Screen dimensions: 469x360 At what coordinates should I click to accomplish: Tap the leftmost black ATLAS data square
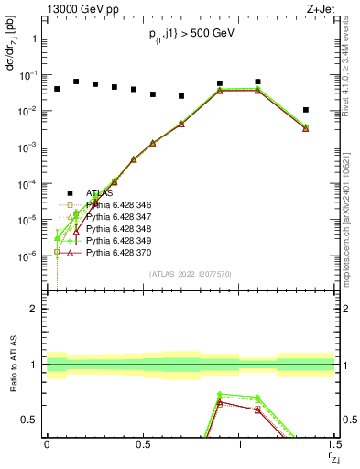pos(57,89)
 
